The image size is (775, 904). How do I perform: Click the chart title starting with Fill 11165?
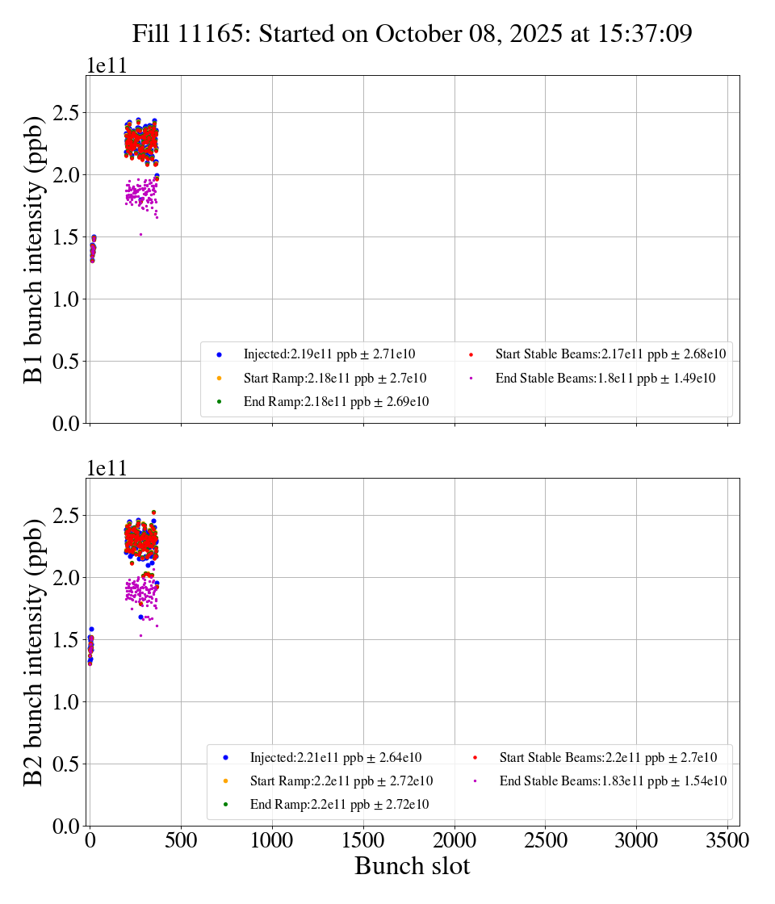[x=413, y=34]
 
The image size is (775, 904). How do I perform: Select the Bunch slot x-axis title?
[x=412, y=867]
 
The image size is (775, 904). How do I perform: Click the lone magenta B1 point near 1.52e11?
[x=140, y=234]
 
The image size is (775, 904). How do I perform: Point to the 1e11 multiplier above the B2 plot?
[x=107, y=469]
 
